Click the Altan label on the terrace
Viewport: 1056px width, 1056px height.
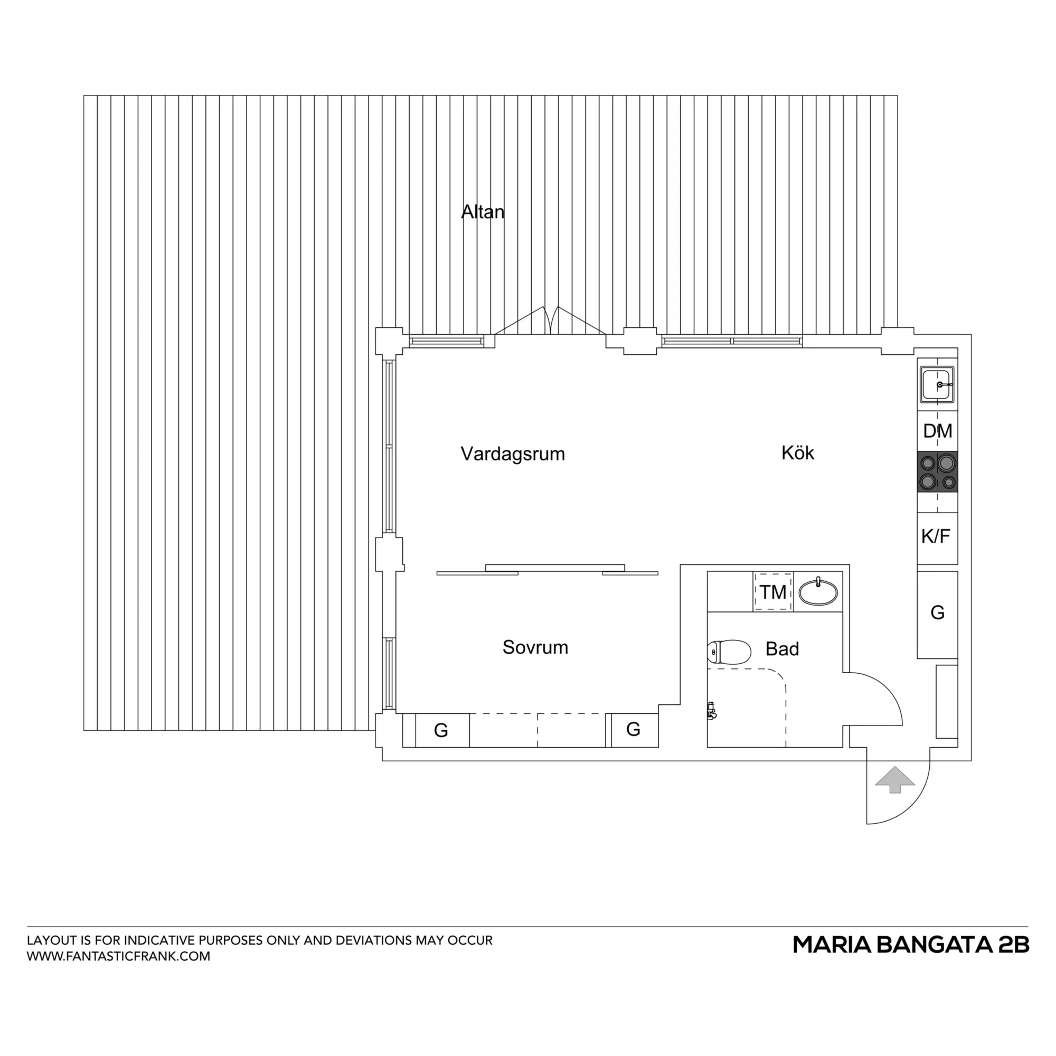[483, 212]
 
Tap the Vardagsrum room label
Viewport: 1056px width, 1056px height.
[513, 454]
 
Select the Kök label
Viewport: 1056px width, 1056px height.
[797, 452]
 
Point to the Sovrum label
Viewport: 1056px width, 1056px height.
[535, 647]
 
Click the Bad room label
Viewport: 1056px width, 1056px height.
[782, 649]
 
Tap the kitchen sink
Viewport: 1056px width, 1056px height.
[937, 384]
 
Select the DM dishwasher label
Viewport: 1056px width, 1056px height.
[937, 431]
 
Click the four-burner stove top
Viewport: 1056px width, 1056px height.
[937, 472]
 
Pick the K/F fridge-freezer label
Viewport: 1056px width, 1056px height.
[936, 537]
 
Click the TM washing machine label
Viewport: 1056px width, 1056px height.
[773, 592]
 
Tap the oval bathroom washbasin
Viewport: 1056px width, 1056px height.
[818, 591]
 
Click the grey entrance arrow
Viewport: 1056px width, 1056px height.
[895, 779]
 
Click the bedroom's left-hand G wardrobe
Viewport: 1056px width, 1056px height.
[441, 730]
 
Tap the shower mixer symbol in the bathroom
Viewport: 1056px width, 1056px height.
[711, 711]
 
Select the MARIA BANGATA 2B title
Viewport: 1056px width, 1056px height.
[911, 945]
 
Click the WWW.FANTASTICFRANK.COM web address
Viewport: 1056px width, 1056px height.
[119, 957]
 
